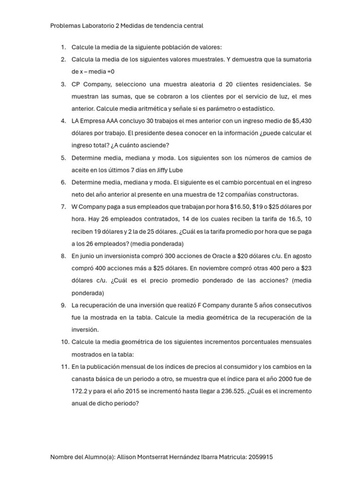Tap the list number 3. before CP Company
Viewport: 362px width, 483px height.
point(63,84)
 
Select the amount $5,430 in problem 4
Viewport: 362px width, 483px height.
point(300,121)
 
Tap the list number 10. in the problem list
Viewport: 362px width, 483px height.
point(65,341)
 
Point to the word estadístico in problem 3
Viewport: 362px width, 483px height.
point(257,108)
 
